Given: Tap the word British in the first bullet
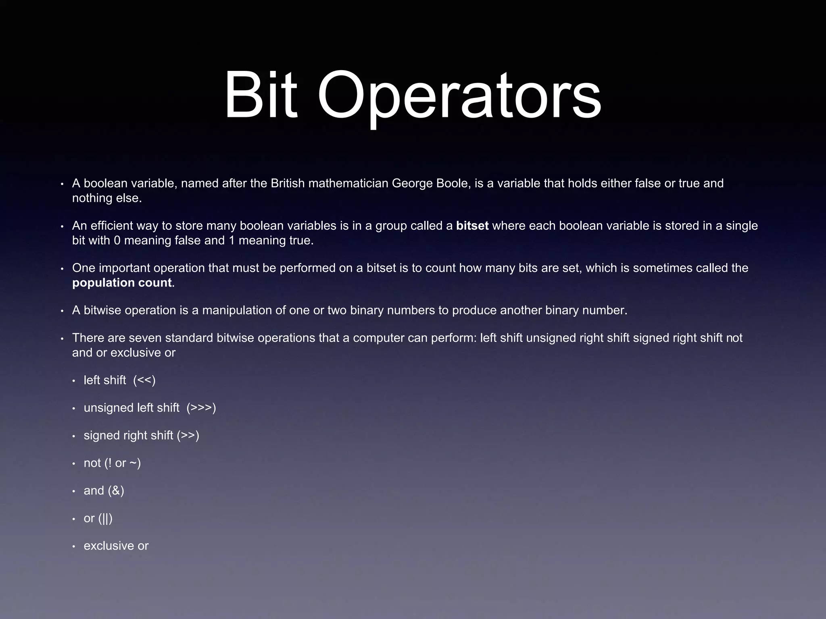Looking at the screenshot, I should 287,183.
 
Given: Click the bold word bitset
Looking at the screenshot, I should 472,226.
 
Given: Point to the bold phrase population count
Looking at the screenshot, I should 122,282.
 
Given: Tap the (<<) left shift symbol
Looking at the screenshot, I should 144,380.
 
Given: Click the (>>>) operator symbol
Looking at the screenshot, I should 201,408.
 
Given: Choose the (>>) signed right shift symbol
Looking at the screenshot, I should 188,435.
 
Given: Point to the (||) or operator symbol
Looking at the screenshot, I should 106,518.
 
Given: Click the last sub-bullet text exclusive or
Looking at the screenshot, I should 116,546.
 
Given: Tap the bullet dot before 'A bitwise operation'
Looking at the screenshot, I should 62,311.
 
